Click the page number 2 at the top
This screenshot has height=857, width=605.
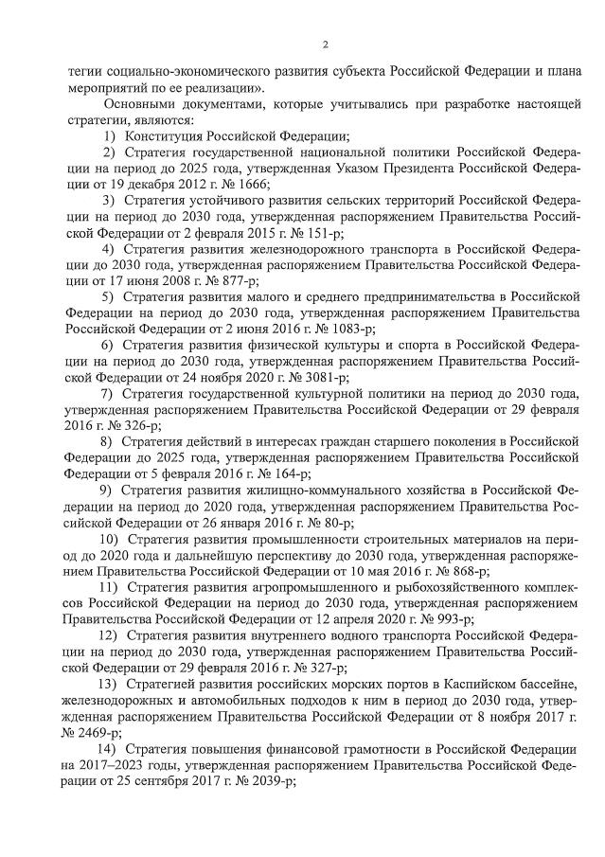(325, 45)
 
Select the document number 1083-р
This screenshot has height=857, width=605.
(348, 329)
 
